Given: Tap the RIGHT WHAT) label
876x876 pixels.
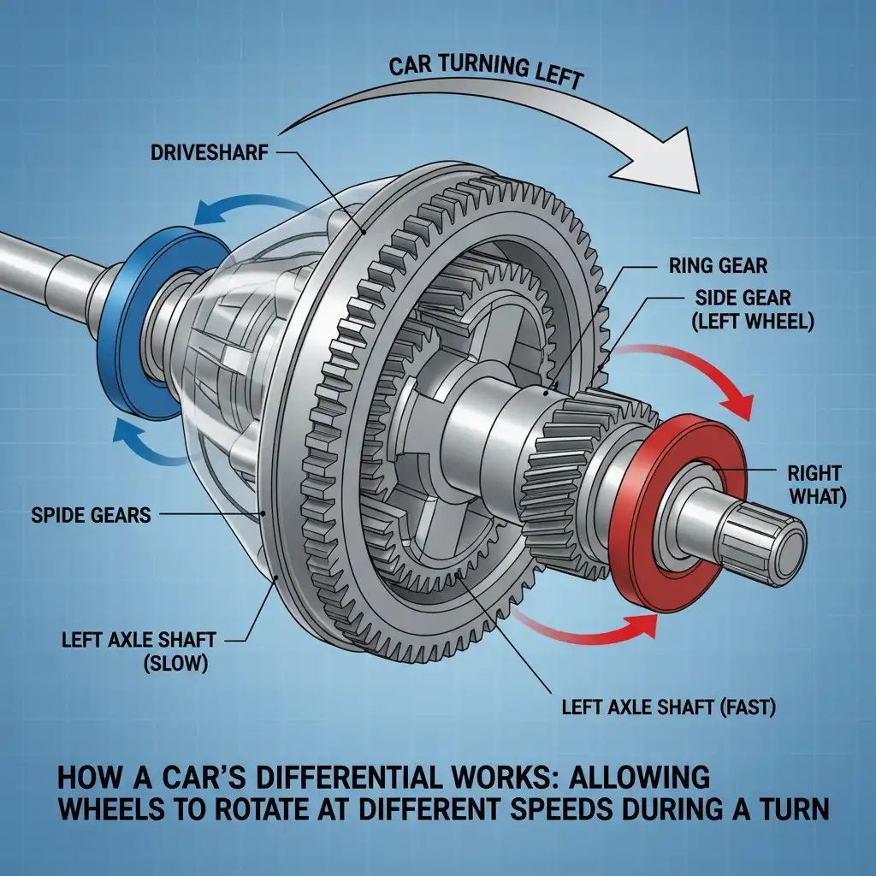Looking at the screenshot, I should click(817, 486).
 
